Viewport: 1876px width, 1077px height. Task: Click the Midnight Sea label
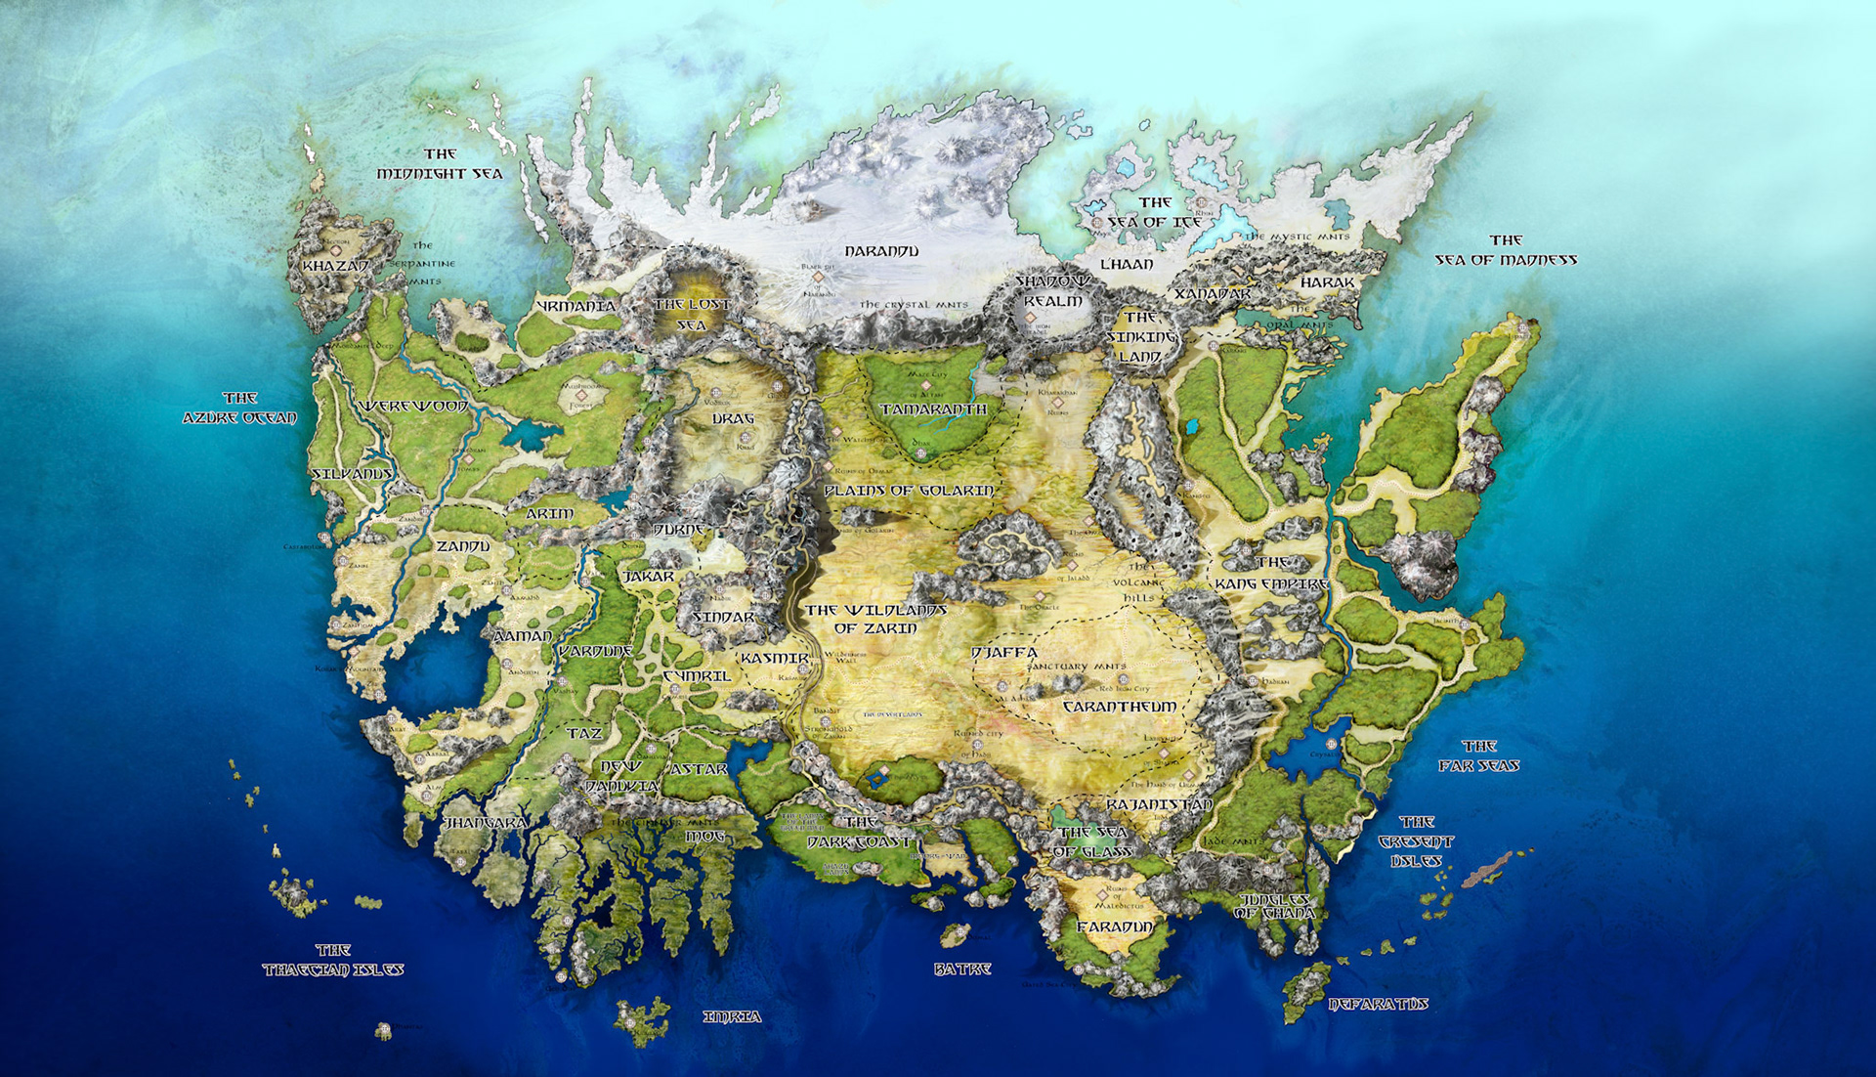pyautogui.click(x=440, y=164)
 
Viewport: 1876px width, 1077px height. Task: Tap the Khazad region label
pyautogui.click(x=335, y=266)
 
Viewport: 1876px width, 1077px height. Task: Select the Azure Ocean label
pyautogui.click(x=239, y=409)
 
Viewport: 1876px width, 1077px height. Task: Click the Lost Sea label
pyautogui.click(x=692, y=315)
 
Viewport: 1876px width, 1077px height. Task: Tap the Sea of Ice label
pyautogui.click(x=1155, y=212)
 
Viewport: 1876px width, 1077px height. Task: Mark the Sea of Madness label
pyautogui.click(x=1506, y=250)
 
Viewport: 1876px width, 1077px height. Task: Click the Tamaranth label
pyautogui.click(x=933, y=409)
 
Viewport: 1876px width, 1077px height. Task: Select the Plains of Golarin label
pyautogui.click(x=909, y=491)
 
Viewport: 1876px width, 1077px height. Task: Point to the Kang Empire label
pyautogui.click(x=1271, y=575)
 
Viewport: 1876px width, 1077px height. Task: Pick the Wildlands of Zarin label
pyautogui.click(x=876, y=619)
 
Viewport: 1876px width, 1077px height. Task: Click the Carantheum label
pyautogui.click(x=1119, y=707)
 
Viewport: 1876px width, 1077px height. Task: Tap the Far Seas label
pyautogui.click(x=1478, y=756)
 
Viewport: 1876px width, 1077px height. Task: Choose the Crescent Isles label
pyautogui.click(x=1416, y=841)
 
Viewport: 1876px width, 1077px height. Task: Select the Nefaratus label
pyautogui.click(x=1378, y=1004)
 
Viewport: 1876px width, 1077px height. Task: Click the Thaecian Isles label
pyautogui.click(x=332, y=960)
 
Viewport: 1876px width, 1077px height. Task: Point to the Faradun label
pyautogui.click(x=1115, y=926)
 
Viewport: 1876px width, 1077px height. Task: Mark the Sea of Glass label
pyautogui.click(x=1092, y=841)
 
